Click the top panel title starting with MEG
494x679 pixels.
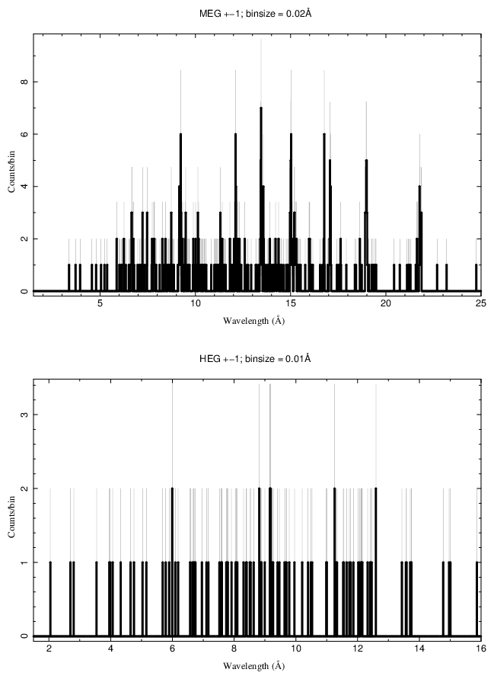(247, 14)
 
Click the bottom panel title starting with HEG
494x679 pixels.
(247, 358)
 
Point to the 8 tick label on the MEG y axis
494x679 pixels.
(25, 82)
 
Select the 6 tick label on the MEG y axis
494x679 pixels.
(25, 134)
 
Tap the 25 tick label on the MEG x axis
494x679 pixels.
(480, 303)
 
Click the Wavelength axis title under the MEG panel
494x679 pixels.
(253, 321)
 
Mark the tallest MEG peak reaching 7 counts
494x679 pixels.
(261, 108)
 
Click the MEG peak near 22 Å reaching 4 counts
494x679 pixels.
(419, 187)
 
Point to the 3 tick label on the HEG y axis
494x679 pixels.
(25, 415)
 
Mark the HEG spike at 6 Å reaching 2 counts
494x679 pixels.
(173, 489)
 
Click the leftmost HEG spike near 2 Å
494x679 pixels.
(50, 563)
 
